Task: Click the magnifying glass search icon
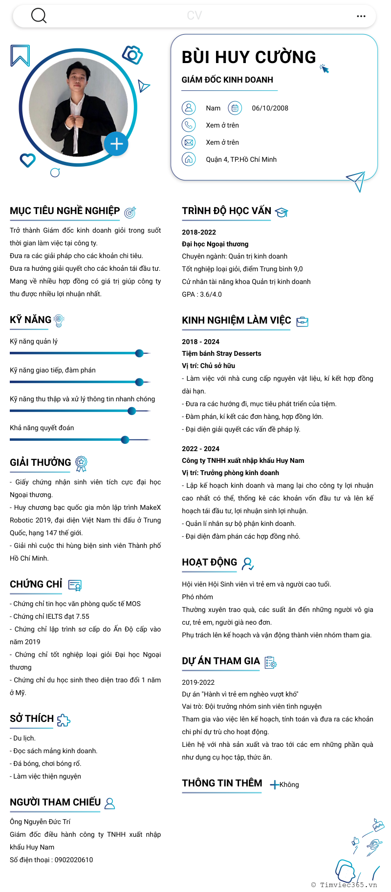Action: pos(39,16)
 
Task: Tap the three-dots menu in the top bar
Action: pos(361,16)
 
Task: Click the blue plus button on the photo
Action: pos(116,144)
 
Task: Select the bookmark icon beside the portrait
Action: pos(20,55)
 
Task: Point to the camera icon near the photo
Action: pos(132,55)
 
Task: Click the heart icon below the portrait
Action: pos(27,160)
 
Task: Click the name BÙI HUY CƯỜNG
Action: pos(249,57)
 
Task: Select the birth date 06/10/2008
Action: pos(270,108)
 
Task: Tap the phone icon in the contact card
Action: pos(189,125)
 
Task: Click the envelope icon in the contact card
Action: pos(189,142)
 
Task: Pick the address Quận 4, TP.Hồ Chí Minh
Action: pos(241,159)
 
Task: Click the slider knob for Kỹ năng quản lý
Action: pos(139,353)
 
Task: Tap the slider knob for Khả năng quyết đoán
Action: pos(125,439)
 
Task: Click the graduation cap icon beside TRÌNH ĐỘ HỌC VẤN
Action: pos(282,212)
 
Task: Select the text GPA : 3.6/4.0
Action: pos(202,294)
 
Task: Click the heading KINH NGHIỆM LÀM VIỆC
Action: pos(237,320)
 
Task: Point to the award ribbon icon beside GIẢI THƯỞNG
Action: pos(81,463)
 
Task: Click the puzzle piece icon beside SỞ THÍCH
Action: pos(64,720)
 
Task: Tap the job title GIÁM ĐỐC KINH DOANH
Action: pos(227,80)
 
